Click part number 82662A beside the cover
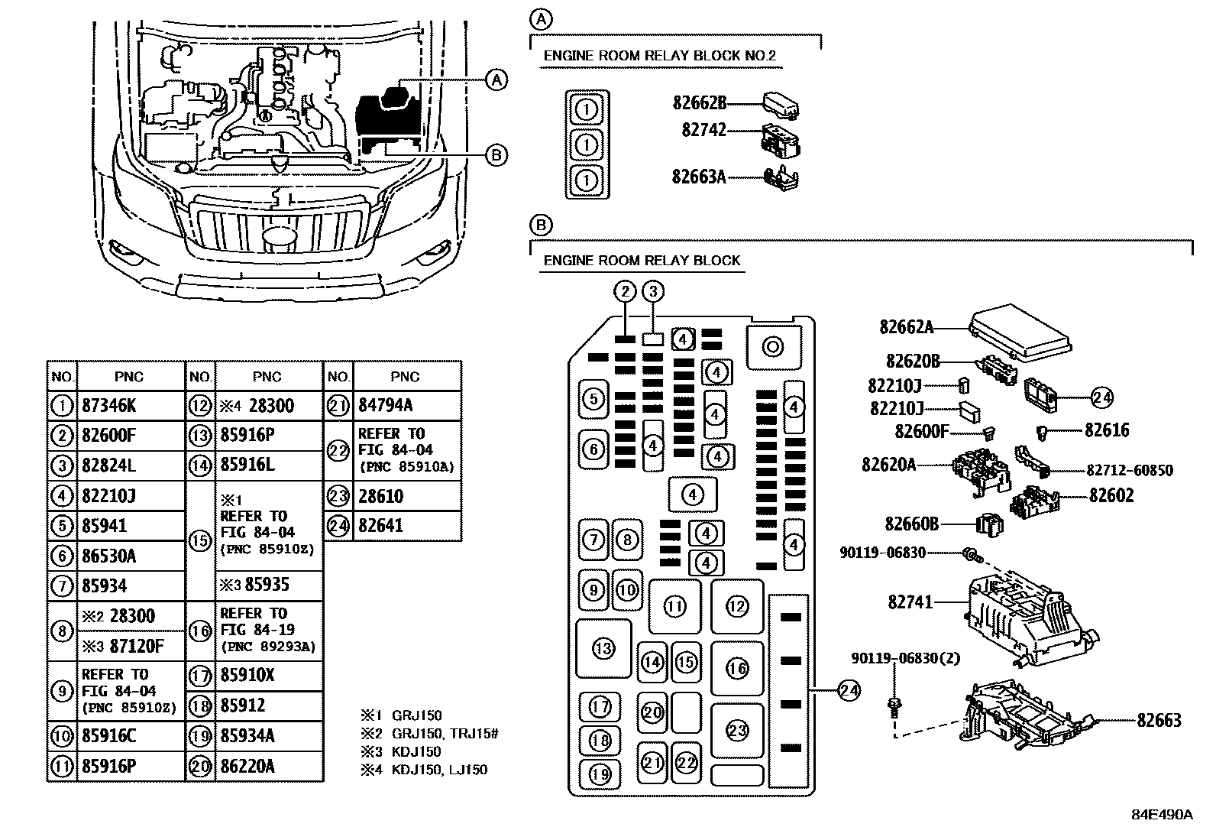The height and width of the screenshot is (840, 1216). click(x=906, y=327)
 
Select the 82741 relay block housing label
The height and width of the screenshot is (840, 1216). click(x=910, y=602)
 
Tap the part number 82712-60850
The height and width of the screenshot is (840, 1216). click(x=1129, y=470)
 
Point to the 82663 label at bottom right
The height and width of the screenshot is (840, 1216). click(x=1159, y=720)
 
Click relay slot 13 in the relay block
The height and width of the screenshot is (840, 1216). click(x=603, y=649)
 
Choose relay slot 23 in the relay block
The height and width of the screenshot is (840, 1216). click(x=737, y=731)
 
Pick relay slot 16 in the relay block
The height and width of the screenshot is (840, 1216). click(x=737, y=669)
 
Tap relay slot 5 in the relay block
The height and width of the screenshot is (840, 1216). click(x=594, y=398)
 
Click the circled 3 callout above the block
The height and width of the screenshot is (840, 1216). click(x=653, y=291)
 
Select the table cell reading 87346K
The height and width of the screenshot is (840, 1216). click(x=108, y=406)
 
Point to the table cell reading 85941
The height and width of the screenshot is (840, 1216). click(x=105, y=526)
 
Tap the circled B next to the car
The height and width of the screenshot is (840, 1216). click(x=496, y=155)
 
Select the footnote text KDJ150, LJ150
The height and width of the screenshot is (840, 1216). click(x=439, y=770)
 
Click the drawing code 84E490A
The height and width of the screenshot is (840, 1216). click(x=1161, y=814)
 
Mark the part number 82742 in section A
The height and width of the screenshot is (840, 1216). click(x=703, y=131)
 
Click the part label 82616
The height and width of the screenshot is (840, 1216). click(x=1108, y=430)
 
